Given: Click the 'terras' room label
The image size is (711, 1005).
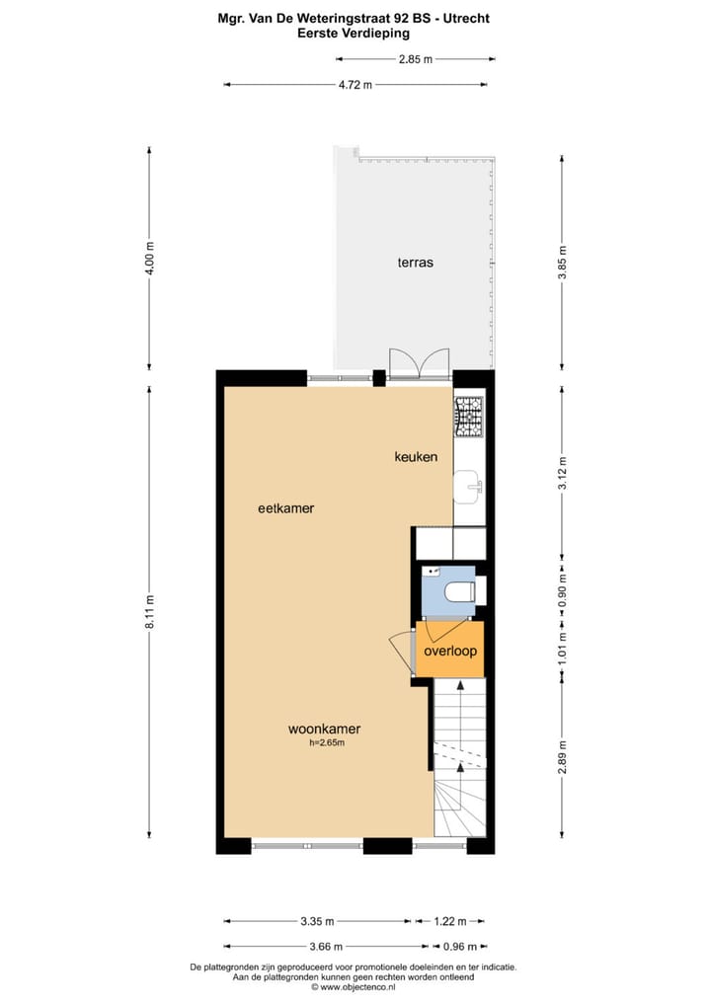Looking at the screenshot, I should pos(416,263).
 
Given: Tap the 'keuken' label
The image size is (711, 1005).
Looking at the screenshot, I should pos(416,456).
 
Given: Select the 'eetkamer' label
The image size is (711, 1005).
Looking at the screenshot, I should pos(285,508).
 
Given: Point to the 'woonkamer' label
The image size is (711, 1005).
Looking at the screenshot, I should pos(324,730).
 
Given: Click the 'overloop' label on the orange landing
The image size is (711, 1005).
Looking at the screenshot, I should pos(450,651).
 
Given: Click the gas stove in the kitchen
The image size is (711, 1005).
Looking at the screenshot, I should pos(468,416).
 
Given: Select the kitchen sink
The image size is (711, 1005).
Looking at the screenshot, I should pos(468,483).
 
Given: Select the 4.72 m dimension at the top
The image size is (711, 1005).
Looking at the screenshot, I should pos(355,85).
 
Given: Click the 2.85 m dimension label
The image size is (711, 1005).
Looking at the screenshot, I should pos(415,59).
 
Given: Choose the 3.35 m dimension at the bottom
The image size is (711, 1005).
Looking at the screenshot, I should pos(316,921).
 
